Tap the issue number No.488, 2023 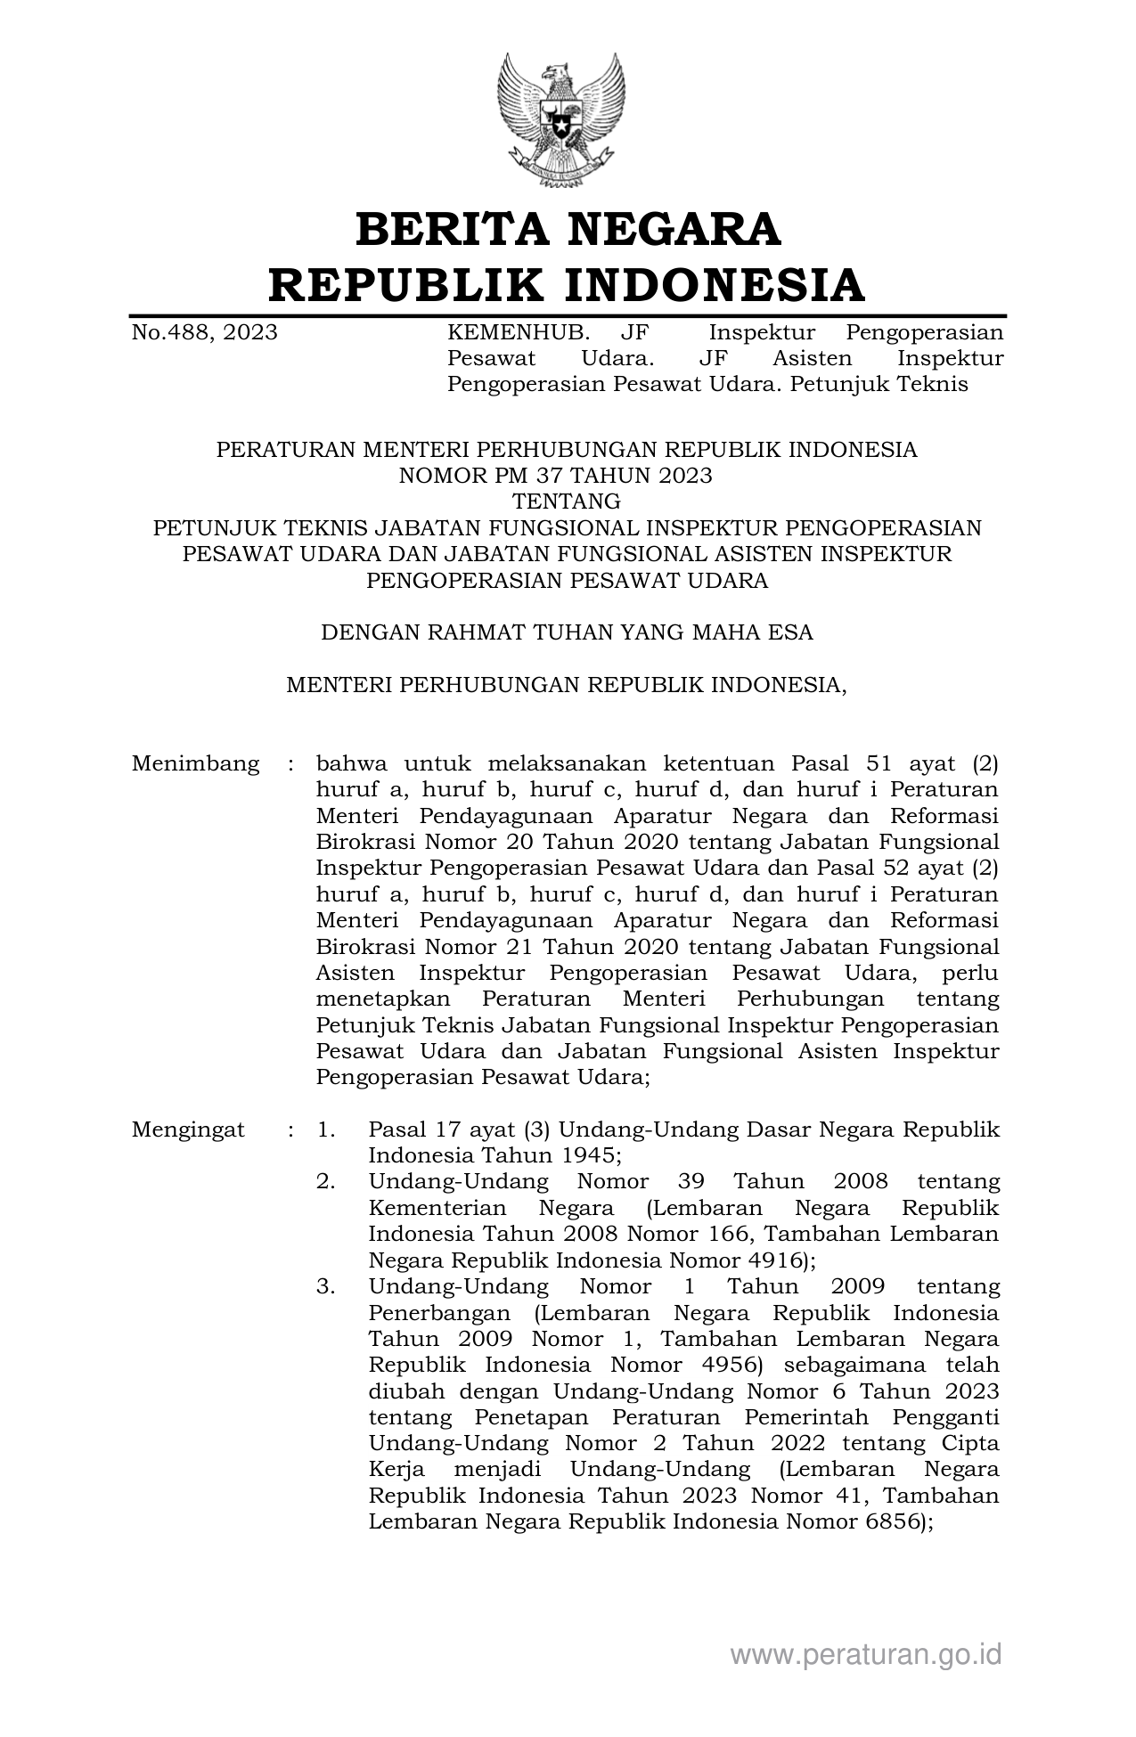pos(204,333)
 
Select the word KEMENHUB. pos(518,333)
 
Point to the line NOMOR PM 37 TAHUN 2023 pos(555,476)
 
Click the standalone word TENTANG pos(567,502)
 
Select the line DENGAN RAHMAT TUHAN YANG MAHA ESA pos(567,632)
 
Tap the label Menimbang pos(195,764)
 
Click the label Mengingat pos(188,1130)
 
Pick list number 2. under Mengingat pos(326,1182)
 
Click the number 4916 pos(776,1260)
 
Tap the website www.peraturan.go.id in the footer pos(865,1655)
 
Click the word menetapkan pos(383,999)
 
